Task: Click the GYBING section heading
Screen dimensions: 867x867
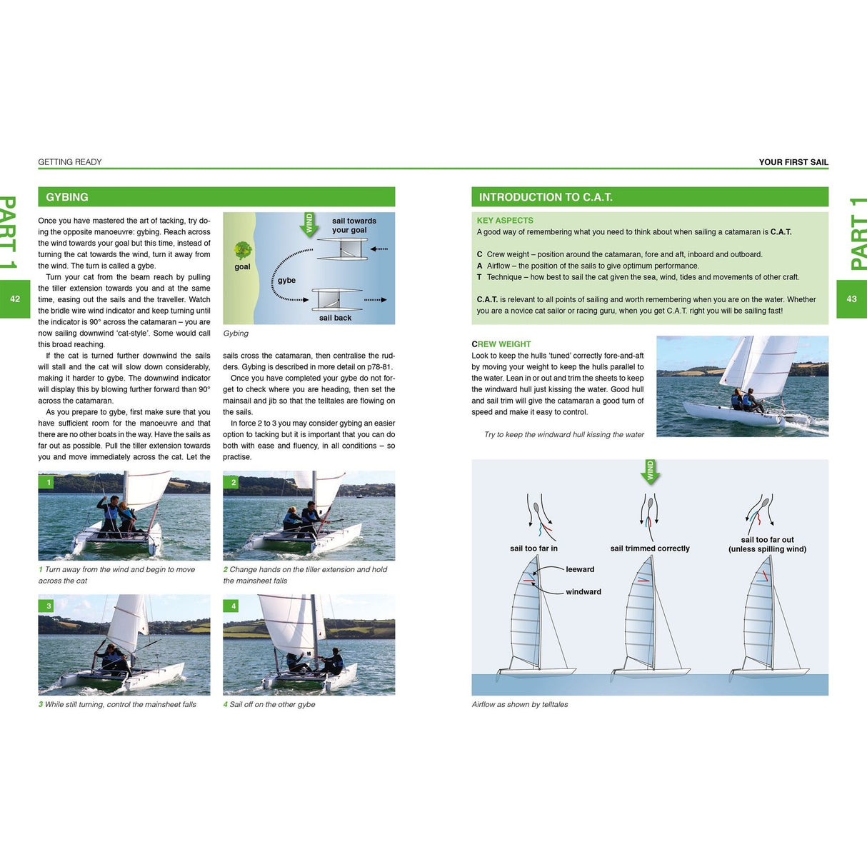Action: pos(67,197)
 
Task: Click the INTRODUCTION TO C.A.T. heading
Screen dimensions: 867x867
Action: pos(546,197)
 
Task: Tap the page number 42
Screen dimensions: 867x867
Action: pos(15,299)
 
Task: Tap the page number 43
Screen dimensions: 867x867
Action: pos(851,299)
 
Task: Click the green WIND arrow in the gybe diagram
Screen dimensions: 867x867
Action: pos(309,224)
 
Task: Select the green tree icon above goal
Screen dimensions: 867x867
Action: pos(243,250)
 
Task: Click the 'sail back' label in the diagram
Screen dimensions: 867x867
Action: pos(335,318)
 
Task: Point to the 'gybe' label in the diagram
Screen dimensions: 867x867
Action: pos(286,281)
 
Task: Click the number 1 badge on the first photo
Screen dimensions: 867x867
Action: pos(49,483)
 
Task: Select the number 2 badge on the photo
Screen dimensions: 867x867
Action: pos(234,483)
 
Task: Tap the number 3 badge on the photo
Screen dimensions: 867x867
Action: pos(49,606)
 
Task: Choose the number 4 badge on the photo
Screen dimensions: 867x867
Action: pos(234,606)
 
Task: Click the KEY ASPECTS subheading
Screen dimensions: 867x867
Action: pos(505,221)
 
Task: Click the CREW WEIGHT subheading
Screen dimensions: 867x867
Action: pos(501,344)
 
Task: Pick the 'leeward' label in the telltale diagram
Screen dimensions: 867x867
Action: pos(580,569)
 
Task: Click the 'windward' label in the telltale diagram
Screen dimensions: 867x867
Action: pos(583,592)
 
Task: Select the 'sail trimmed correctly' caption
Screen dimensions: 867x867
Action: pos(650,548)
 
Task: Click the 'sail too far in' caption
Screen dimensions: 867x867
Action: pos(533,548)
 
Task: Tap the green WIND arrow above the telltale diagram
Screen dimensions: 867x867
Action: pos(650,471)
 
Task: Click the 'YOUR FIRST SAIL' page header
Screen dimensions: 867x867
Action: pos(793,162)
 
